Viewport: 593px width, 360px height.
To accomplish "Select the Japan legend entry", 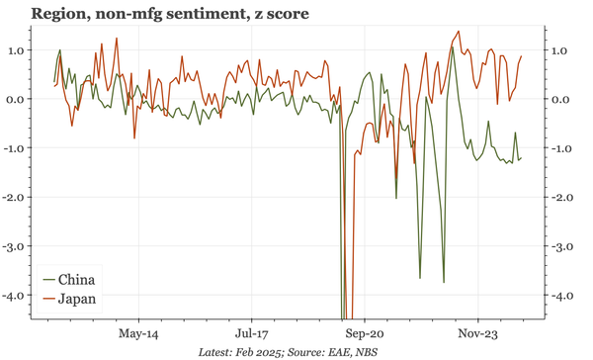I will tap(77, 299).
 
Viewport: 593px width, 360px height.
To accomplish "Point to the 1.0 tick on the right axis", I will tap(558, 50).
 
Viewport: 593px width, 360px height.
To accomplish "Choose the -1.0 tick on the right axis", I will tap(558, 148).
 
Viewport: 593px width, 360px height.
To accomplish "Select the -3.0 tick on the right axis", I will tap(558, 246).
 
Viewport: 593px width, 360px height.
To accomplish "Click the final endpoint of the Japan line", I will tap(522, 56).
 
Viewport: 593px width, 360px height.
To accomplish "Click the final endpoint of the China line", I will tap(522, 158).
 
